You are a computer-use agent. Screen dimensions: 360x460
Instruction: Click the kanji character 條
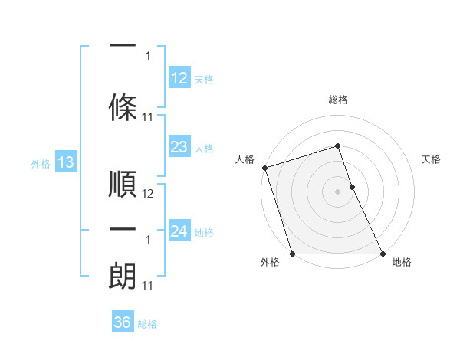[123, 105]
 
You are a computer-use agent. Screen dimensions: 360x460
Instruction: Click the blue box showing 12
[179, 78]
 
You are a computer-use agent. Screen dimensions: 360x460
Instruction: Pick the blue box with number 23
[179, 147]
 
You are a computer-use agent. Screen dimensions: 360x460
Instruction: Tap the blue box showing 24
[179, 231]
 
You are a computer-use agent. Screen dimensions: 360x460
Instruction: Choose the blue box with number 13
[65, 162]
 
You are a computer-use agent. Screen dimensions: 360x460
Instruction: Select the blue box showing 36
[123, 323]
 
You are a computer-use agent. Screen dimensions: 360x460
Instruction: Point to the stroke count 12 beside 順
[149, 194]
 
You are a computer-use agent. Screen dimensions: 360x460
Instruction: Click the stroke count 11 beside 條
[149, 116]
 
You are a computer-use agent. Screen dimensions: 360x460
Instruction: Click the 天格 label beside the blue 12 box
[204, 80]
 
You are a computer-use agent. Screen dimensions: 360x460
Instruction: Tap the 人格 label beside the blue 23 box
[204, 149]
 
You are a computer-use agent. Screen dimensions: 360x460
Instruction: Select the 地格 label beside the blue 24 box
[204, 233]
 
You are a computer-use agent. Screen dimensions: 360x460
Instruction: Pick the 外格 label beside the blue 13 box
[41, 164]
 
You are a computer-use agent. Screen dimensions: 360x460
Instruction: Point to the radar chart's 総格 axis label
[337, 100]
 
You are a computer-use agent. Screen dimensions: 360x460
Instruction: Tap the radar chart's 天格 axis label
[432, 159]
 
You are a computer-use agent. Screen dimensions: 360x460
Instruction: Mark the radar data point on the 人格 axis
[264, 168]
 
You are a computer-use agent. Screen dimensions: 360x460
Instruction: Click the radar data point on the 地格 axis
[383, 254]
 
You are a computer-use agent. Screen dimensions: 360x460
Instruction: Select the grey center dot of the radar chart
[337, 191]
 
